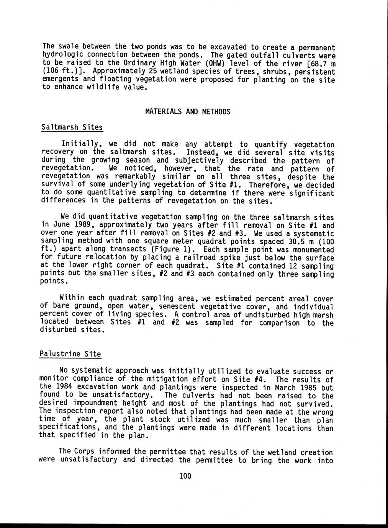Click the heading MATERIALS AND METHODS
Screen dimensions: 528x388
188,112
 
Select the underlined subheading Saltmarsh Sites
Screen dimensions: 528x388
72,127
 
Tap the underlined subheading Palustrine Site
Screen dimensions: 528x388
70,354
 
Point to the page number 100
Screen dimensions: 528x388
185,476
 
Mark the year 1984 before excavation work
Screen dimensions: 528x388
61,387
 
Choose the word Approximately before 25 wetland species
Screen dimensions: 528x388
121,71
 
